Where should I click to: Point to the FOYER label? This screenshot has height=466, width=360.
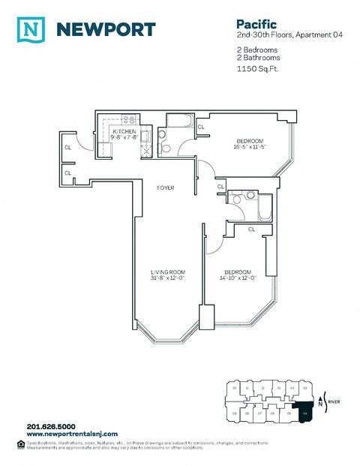pyautogui.click(x=165, y=188)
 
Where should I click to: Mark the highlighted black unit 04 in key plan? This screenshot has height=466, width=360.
pyautogui.click(x=304, y=412)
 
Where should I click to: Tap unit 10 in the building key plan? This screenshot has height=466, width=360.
pyautogui.click(x=235, y=388)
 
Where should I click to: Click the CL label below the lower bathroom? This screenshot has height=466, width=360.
pyautogui.click(x=251, y=229)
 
